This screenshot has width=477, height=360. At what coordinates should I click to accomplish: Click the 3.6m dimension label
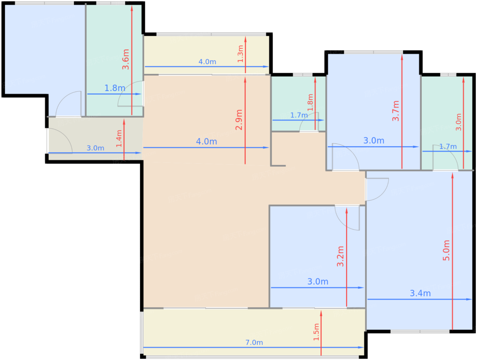click(126, 59)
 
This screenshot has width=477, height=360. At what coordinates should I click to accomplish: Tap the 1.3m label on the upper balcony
click(240, 54)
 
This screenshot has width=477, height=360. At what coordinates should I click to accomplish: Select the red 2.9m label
click(238, 120)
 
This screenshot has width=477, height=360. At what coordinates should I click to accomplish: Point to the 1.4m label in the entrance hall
click(119, 139)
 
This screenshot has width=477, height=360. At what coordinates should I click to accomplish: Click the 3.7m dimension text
click(396, 111)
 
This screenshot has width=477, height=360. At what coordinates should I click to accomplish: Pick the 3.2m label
click(340, 256)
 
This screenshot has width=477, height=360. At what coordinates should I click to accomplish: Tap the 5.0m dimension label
click(446, 250)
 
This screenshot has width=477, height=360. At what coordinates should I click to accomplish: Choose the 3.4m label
click(420, 293)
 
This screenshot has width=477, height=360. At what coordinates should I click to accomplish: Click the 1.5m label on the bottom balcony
click(316, 332)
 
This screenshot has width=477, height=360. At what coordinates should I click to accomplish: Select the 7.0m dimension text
click(254, 343)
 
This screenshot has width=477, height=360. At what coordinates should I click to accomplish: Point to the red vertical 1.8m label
click(310, 103)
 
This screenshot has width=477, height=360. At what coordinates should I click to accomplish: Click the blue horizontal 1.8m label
click(115, 88)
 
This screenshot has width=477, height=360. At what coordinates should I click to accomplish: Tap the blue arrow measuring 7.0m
click(253, 347)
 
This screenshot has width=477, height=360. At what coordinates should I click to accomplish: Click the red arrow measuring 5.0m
click(452, 251)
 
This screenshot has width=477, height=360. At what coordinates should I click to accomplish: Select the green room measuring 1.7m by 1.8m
click(298, 104)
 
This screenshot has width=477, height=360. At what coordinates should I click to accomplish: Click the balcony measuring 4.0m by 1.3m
click(207, 55)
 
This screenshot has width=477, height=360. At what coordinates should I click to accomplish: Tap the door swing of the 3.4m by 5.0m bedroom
click(378, 189)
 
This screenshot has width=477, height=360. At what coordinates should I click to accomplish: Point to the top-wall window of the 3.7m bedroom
click(373, 52)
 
